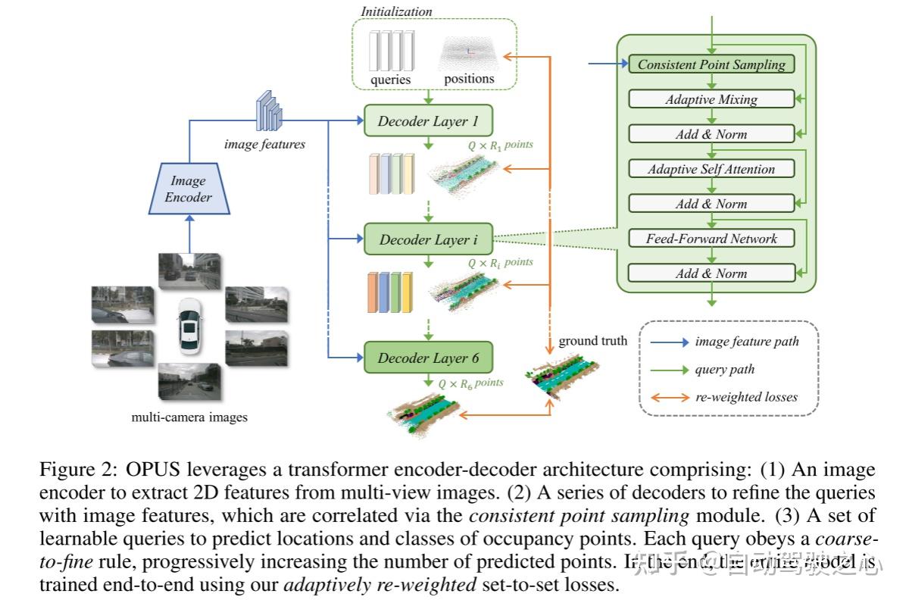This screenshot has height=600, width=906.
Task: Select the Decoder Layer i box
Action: [x=429, y=239]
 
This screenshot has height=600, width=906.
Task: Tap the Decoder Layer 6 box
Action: [x=429, y=358]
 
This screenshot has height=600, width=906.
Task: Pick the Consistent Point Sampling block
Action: [x=711, y=64]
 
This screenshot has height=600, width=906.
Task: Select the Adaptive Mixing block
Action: [x=711, y=99]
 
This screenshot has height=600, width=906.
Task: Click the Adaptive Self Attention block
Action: [x=711, y=169]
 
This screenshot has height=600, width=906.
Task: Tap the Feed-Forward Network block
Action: [x=711, y=239]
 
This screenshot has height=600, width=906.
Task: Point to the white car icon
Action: [x=189, y=325]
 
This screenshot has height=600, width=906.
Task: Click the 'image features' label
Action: [x=265, y=144]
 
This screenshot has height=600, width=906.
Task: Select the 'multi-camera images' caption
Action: [x=189, y=417]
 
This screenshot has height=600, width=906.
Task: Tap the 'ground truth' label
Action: [x=593, y=341]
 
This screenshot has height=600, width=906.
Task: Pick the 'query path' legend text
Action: [x=724, y=370]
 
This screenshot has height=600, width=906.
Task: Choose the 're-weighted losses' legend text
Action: [x=746, y=397]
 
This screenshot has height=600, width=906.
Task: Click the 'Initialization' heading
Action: [x=396, y=11]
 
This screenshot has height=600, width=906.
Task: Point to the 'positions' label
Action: [x=469, y=78]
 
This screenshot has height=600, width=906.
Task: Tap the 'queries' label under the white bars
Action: [x=391, y=79]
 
